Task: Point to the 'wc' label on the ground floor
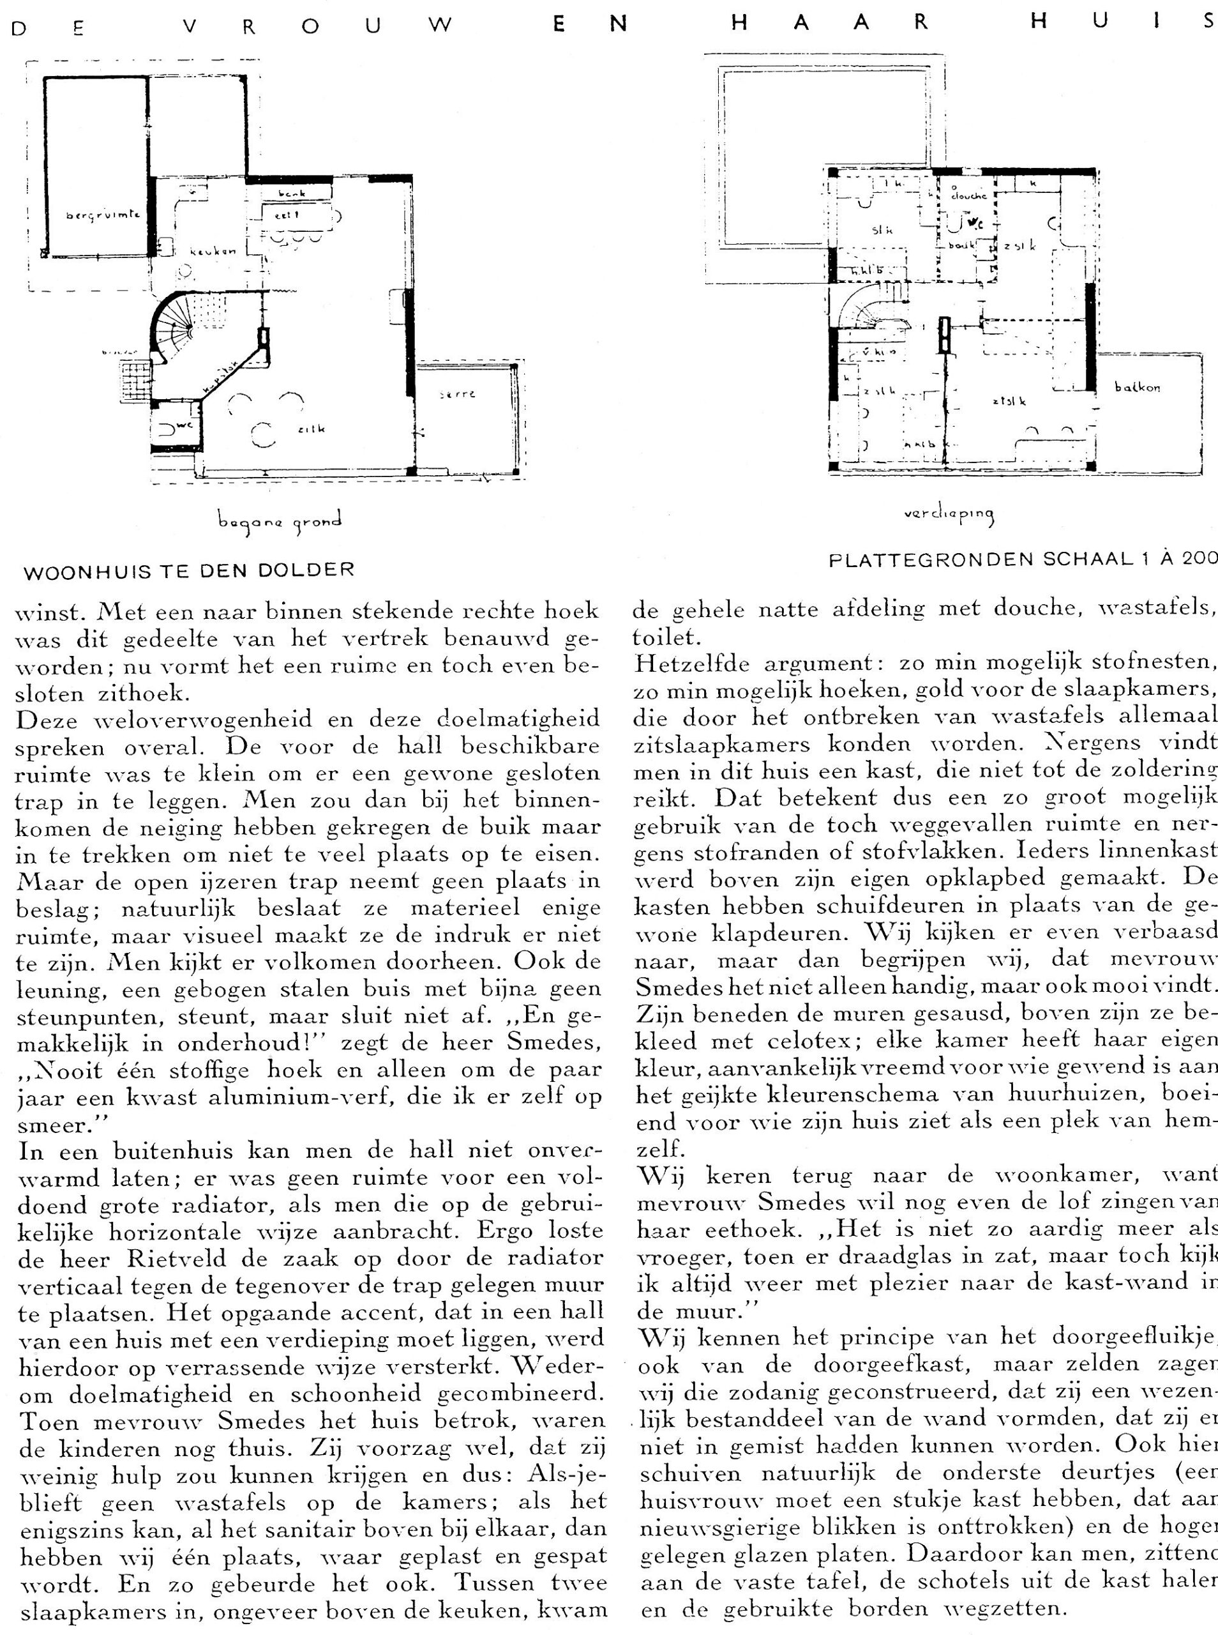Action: pos(184,425)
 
